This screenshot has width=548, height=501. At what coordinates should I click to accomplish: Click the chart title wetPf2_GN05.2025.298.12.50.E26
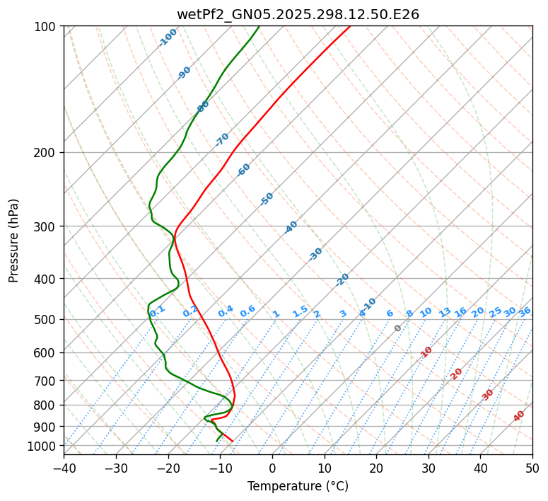tap(298, 15)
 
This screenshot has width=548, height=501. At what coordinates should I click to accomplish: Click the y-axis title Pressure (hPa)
tap(15, 241)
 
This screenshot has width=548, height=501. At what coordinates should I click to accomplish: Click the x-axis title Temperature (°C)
tap(298, 487)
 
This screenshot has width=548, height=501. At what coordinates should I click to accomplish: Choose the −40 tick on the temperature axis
tap(64, 468)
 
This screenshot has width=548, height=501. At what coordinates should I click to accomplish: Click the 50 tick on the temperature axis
tap(532, 468)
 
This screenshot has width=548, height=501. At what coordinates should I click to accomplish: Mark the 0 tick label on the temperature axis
tap(272, 468)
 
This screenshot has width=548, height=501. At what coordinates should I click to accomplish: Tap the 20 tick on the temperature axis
tap(376, 468)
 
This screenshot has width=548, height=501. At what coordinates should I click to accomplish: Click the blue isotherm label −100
tap(168, 38)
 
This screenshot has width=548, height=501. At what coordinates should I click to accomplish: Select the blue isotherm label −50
tap(267, 199)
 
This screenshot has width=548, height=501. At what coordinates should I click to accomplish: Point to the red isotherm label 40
tap(519, 416)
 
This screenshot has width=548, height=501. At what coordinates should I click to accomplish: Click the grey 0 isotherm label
tap(398, 328)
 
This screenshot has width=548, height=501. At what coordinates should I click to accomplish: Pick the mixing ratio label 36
tap(525, 311)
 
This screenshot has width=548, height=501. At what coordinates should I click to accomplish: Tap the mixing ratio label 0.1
tap(158, 310)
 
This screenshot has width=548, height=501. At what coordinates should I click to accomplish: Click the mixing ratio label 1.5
tap(300, 311)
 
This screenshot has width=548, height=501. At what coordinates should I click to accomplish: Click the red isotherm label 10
tap(426, 352)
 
